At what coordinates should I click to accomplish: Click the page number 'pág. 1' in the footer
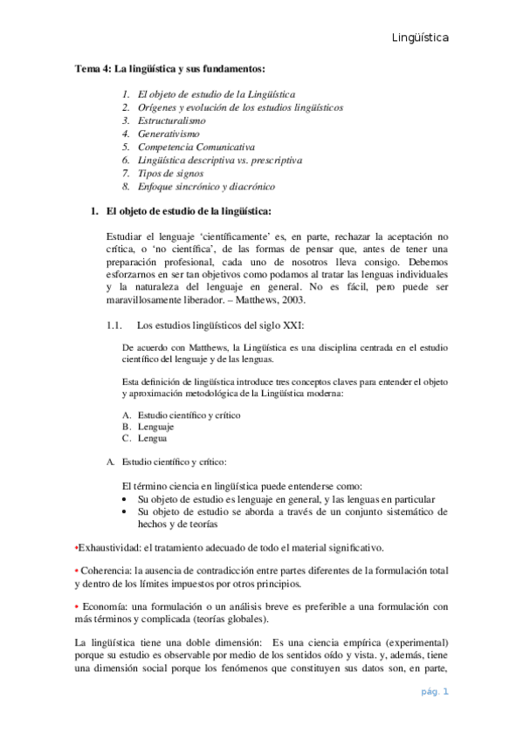coord(433,692)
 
